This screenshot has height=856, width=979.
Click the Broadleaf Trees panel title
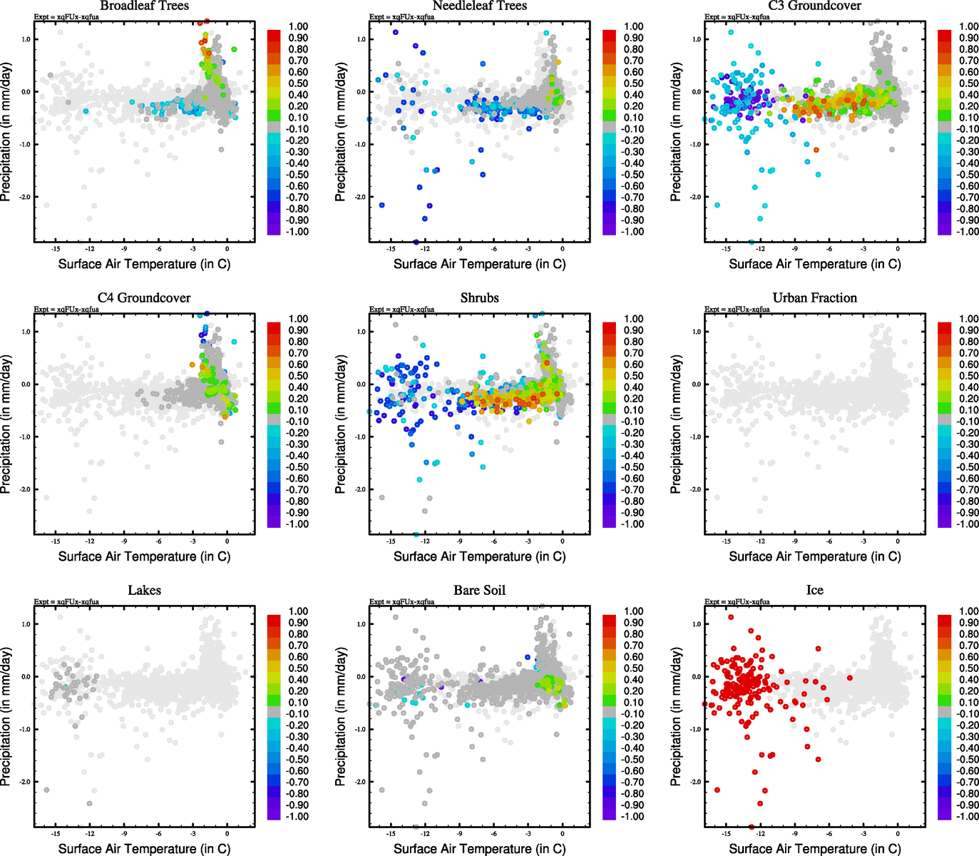tap(144, 6)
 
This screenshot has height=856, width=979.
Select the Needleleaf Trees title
tap(479, 6)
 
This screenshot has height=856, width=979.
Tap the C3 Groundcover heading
tap(814, 6)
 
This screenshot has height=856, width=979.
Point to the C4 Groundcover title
tap(144, 297)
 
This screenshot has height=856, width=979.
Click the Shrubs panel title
tap(479, 297)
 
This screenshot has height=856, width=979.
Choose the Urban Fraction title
tap(814, 297)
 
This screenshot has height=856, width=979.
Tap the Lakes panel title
tap(144, 590)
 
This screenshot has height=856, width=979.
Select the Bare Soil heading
tap(479, 590)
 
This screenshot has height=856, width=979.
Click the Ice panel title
tap(814, 590)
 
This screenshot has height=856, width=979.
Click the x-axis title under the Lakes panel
tap(144, 848)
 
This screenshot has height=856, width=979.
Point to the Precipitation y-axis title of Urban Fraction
tap(676, 424)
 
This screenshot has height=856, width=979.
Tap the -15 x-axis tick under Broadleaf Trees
tap(55, 249)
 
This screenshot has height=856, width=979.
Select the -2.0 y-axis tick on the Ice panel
tap(695, 782)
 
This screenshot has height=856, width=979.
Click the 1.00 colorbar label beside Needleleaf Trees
tap(633, 26)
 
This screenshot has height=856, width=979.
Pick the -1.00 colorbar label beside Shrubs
tap(632, 524)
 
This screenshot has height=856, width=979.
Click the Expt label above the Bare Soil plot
tap(401, 601)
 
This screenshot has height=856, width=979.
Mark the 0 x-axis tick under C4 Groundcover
tap(227, 541)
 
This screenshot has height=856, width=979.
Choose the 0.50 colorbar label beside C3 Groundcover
tap(968, 83)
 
